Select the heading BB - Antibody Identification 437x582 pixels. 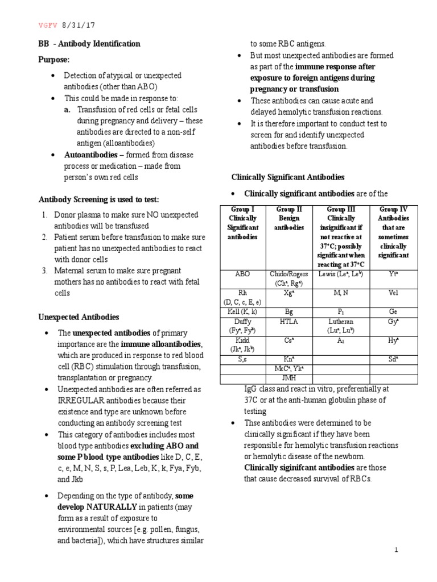89,44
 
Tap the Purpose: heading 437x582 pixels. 54,59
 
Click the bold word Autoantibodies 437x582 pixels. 85,155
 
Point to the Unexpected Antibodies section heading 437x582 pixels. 79,317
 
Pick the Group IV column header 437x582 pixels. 393,232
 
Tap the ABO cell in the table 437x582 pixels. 242,273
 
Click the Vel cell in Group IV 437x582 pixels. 393,293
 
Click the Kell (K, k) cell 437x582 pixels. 242,312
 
